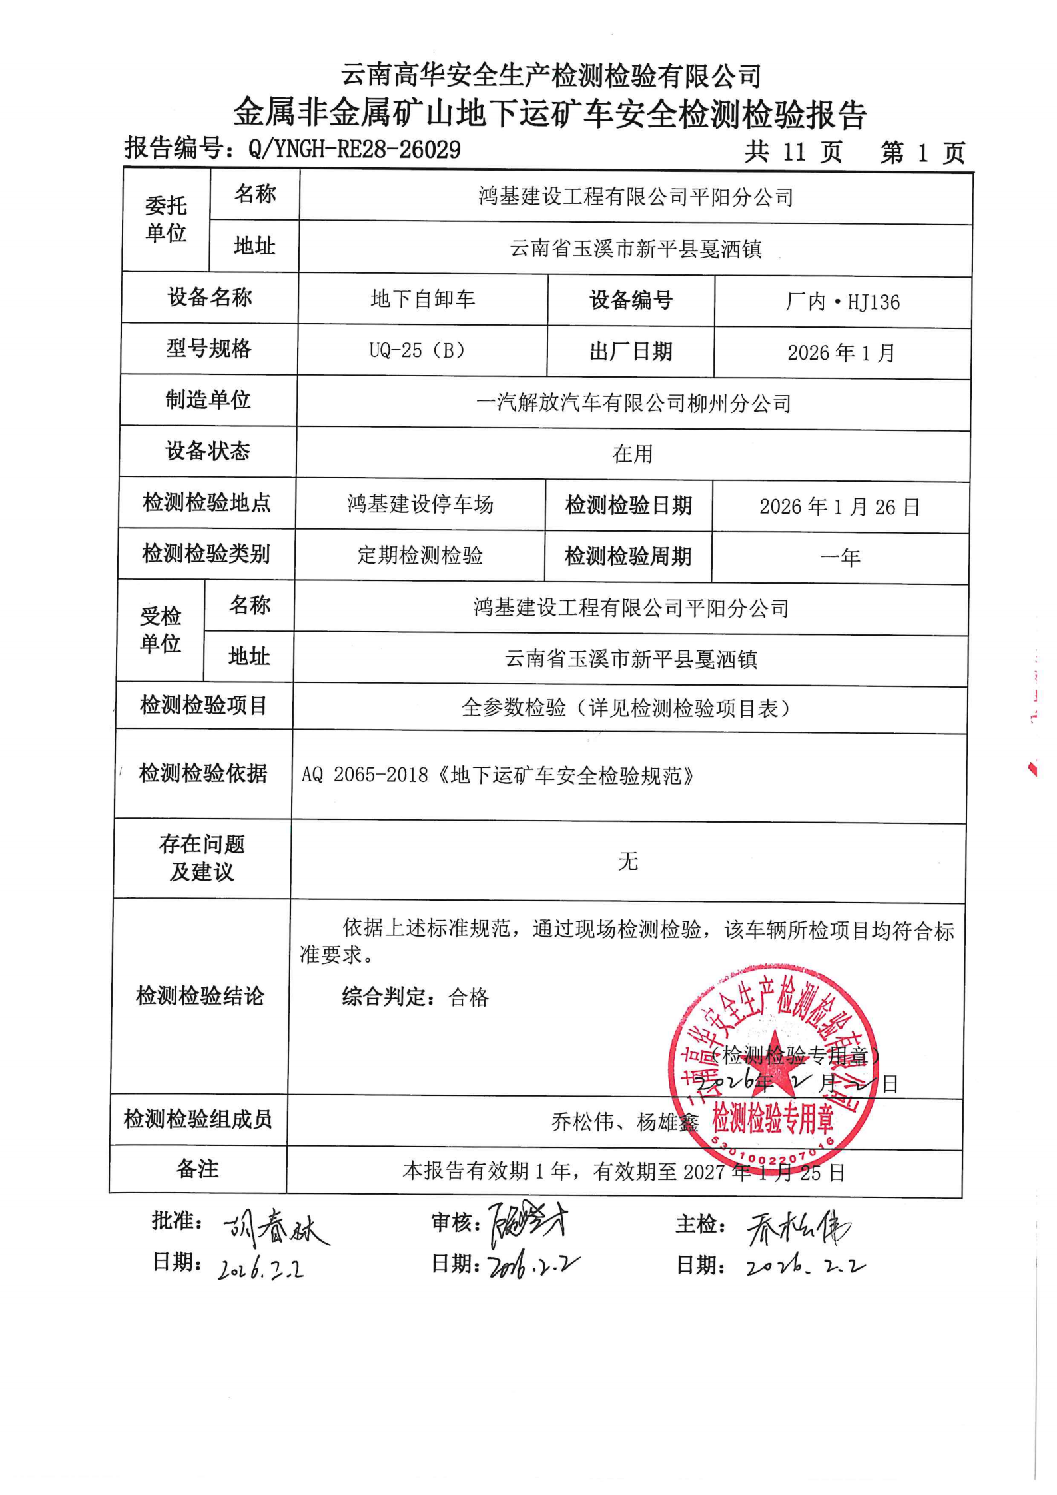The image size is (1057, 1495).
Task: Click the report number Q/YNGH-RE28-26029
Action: (354, 149)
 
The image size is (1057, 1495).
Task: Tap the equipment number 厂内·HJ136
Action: (843, 302)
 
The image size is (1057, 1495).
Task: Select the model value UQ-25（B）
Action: (417, 350)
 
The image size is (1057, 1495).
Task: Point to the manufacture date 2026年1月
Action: (841, 352)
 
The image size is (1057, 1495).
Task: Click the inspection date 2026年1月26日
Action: (839, 507)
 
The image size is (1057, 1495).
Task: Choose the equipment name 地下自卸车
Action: (423, 299)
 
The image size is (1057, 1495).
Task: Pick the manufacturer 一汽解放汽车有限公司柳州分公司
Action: (633, 403)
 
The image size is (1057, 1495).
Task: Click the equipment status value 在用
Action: (632, 454)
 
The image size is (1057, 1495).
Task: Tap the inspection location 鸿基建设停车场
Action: (420, 504)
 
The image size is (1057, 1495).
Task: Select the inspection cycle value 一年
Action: (840, 557)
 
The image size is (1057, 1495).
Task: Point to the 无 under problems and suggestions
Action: (627, 861)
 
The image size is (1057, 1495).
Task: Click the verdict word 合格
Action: (469, 997)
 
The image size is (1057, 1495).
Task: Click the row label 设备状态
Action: (208, 451)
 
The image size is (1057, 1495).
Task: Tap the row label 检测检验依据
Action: (203, 773)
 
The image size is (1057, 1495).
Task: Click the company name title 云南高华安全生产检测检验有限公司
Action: (551, 75)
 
